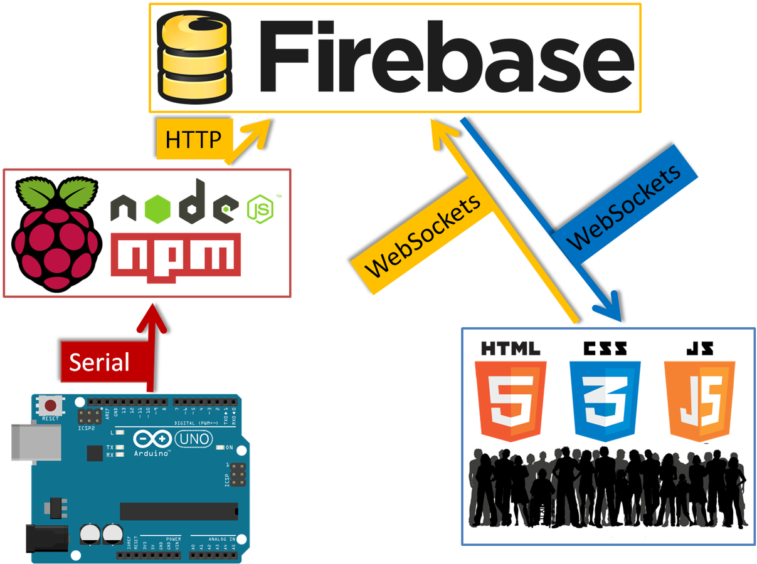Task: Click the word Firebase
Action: pyautogui.click(x=446, y=58)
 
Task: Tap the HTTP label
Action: pyautogui.click(x=193, y=140)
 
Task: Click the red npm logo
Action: pyautogui.click(x=176, y=254)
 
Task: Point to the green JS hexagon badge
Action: pyautogui.click(x=260, y=208)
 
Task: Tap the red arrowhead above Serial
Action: pyautogui.click(x=152, y=317)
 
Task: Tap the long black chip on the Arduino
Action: pyautogui.click(x=179, y=511)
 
